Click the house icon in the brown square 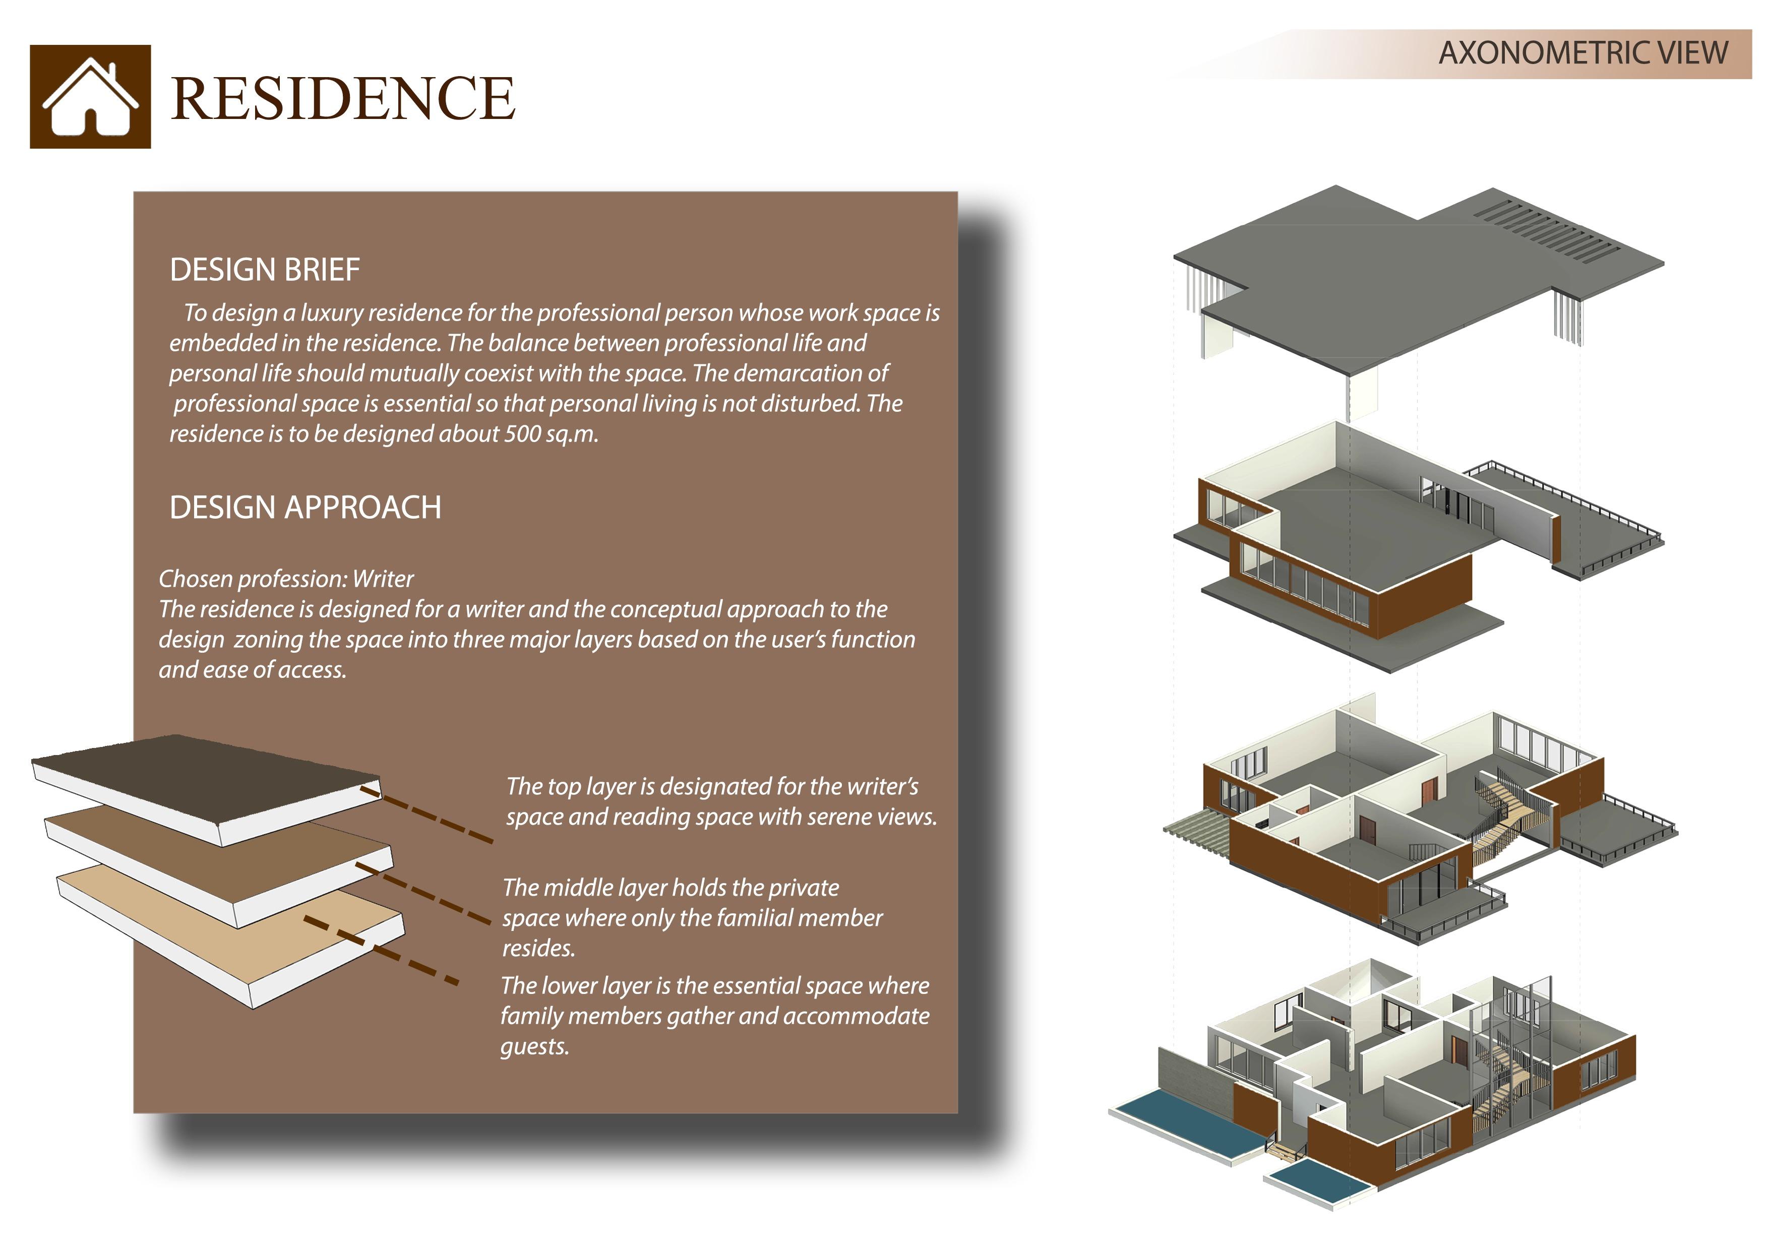(91, 97)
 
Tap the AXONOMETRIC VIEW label (1583, 53)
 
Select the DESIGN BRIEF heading (264, 270)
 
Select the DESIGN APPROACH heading (305, 508)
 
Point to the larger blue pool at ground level (1186, 1124)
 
